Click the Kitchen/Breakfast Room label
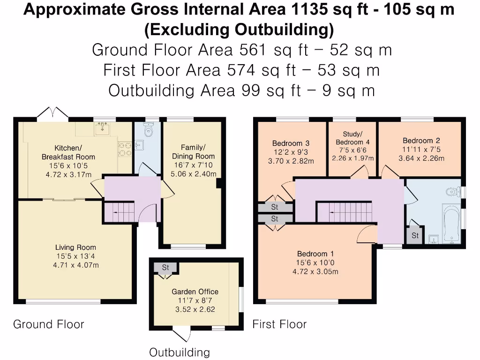click(68, 152)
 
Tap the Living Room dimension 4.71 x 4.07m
click(76, 265)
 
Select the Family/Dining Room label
click(193, 152)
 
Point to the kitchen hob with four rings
click(125, 150)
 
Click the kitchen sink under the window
click(103, 128)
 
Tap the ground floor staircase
click(120, 212)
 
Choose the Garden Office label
click(195, 292)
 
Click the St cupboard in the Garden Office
click(165, 268)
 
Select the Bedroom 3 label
click(291, 143)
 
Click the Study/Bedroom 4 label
click(352, 138)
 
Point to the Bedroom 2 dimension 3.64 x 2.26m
click(421, 158)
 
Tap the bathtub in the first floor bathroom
click(452, 224)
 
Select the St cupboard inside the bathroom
click(415, 235)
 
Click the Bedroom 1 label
click(315, 254)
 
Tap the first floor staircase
click(345, 212)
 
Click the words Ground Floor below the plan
click(49, 324)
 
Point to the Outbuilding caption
click(180, 352)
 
